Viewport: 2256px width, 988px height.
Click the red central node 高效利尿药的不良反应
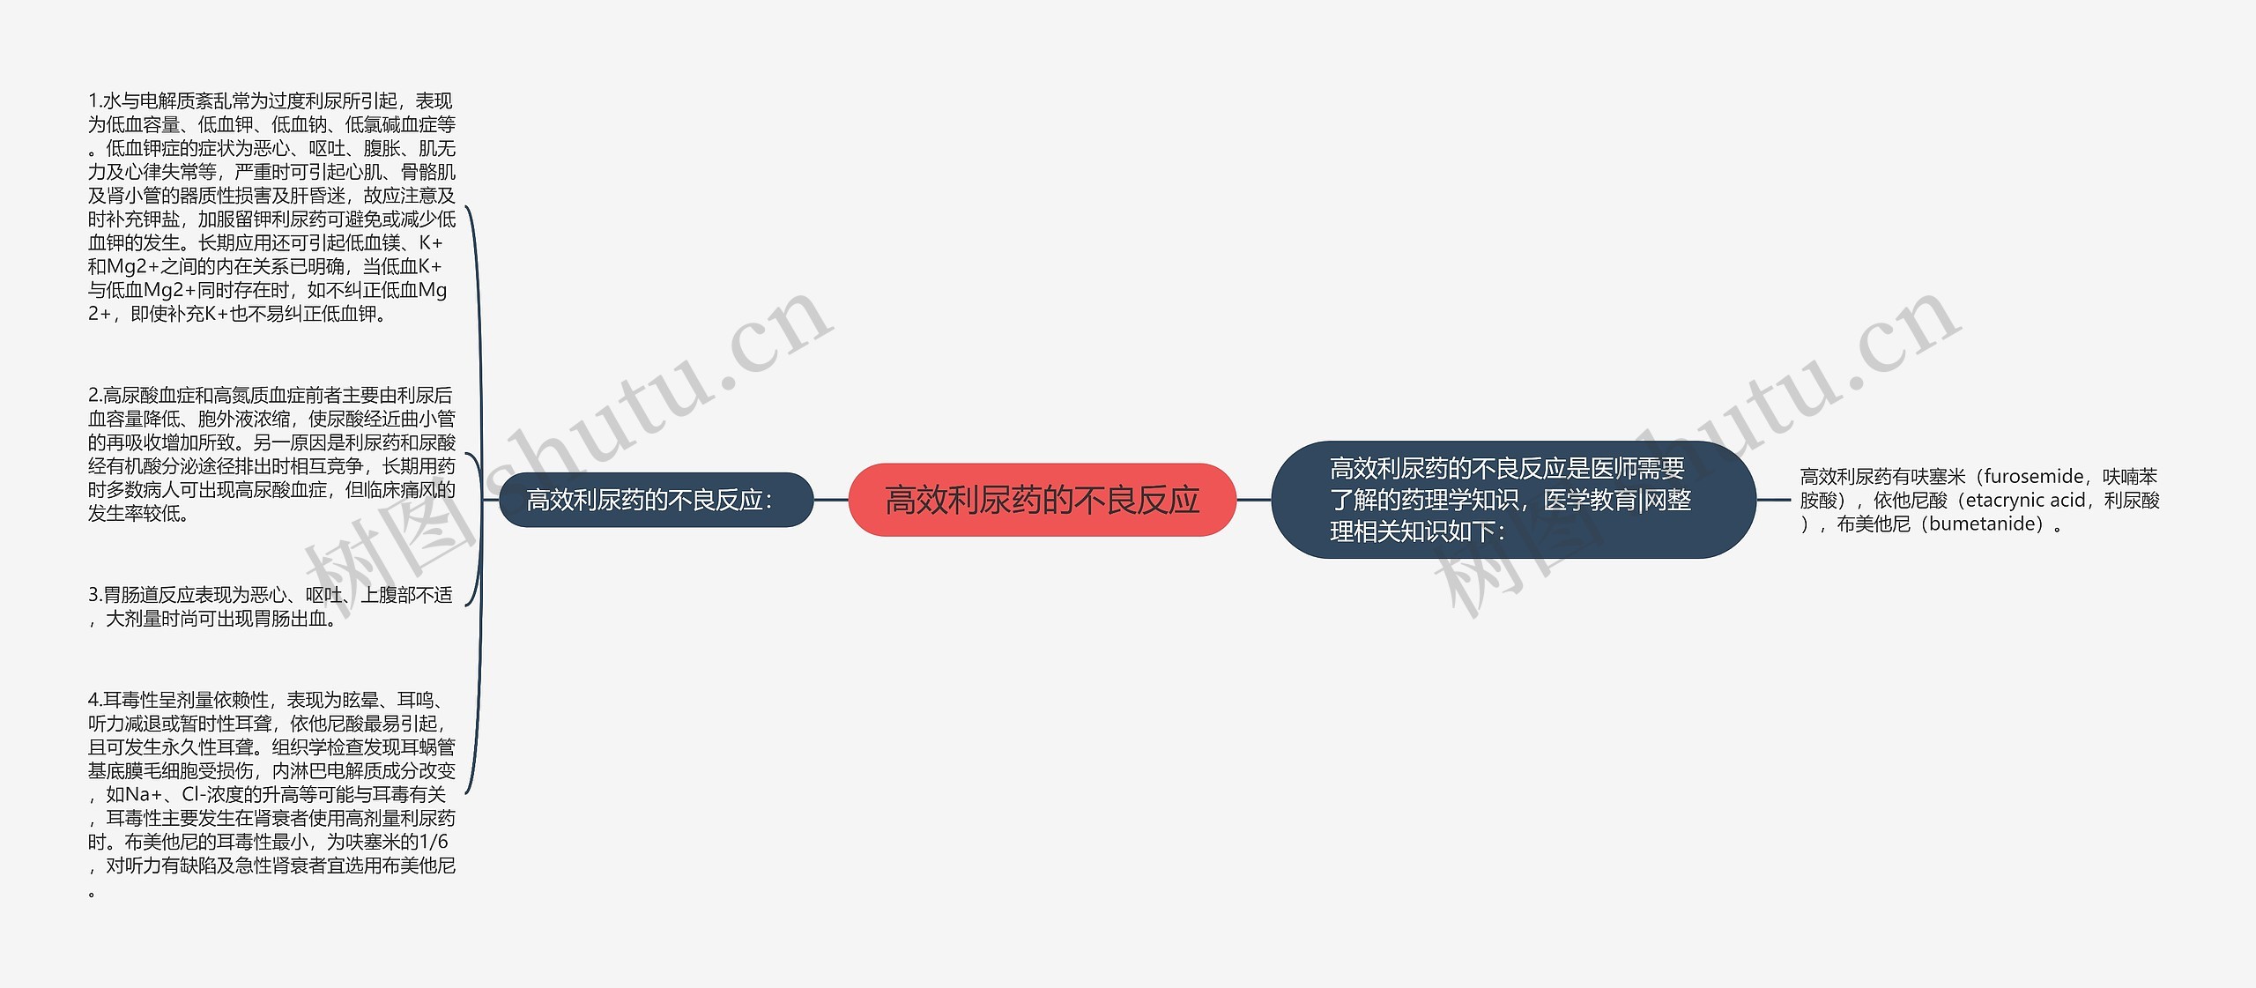1042,500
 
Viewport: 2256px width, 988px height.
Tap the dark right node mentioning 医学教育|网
1512,500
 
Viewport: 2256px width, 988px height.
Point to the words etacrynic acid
2025,501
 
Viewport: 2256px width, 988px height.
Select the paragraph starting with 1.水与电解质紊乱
271,207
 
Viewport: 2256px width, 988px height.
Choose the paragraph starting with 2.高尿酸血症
271,454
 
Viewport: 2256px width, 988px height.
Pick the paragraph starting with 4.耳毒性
271,794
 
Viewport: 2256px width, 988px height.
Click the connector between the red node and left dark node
830,500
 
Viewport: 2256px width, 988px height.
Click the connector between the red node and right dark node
1253,500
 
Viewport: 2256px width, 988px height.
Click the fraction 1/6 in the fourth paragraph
434,842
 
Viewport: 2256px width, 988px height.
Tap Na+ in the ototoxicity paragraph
145,794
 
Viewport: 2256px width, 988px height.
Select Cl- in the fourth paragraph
193,794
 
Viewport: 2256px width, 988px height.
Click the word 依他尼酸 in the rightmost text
1911,501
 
